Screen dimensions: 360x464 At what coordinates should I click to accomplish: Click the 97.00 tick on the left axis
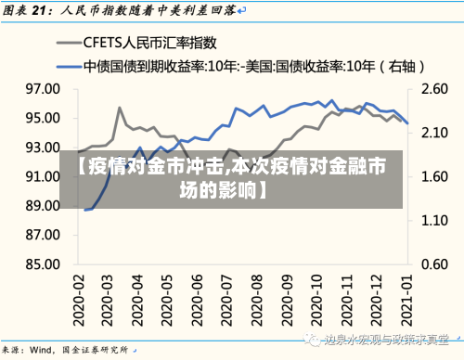(43, 89)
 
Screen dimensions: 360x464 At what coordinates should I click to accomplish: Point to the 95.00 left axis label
(43, 118)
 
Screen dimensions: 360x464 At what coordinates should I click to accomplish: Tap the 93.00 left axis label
(43, 147)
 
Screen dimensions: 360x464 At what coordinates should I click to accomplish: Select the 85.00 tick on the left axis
(43, 264)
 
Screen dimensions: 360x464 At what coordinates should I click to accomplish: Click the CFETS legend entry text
(149, 43)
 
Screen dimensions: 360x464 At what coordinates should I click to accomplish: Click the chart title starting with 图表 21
(121, 10)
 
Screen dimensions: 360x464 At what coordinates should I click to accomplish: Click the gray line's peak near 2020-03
(120, 108)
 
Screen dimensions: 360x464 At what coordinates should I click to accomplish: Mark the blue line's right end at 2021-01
(407, 123)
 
